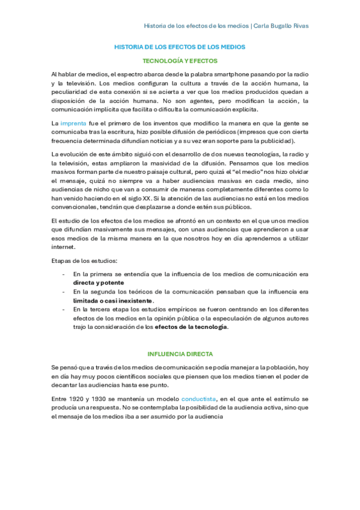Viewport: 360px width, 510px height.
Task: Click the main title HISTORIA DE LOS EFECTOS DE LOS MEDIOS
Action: point(180,46)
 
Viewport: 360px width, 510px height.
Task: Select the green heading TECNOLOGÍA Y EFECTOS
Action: point(180,61)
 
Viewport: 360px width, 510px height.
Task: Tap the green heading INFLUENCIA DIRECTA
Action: point(180,354)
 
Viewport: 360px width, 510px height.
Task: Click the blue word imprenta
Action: point(73,123)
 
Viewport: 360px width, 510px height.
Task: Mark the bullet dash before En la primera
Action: point(63,274)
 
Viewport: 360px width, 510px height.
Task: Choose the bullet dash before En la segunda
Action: point(63,292)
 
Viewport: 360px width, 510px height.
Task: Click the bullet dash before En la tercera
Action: point(63,309)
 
